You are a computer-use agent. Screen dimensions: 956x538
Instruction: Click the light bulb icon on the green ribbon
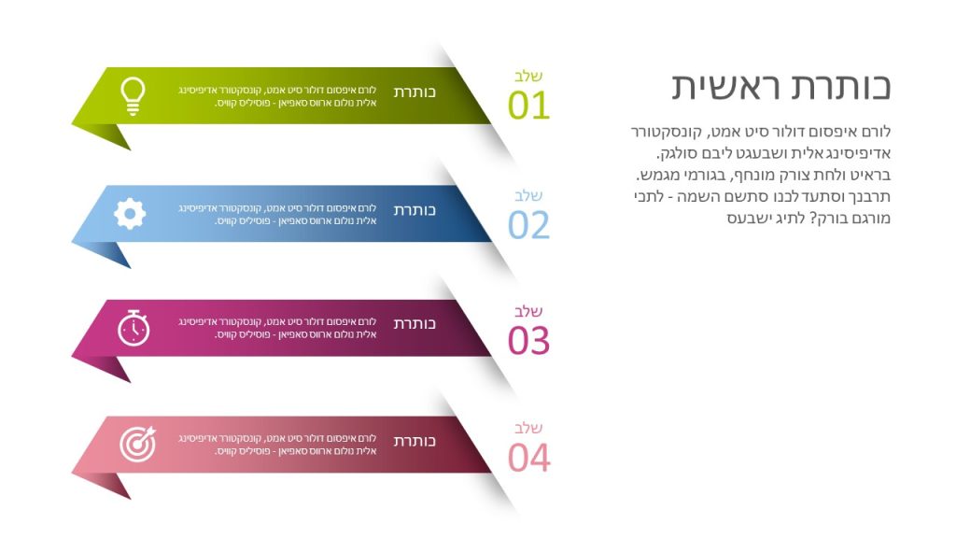[133, 96]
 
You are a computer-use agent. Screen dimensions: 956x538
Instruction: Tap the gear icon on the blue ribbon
[130, 214]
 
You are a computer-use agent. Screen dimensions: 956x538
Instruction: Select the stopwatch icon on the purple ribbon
[134, 328]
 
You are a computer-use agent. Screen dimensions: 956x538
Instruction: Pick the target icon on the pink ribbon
[138, 444]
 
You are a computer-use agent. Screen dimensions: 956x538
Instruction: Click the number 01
[528, 105]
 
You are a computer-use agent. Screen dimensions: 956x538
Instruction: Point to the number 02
[528, 225]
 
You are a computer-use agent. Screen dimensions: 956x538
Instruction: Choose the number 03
[528, 340]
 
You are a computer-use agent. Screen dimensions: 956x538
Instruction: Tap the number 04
[528, 458]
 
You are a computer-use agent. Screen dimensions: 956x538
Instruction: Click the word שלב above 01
[528, 77]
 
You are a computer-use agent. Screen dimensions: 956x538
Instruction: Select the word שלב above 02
[528, 196]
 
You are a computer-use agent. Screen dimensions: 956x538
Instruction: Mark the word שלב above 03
[528, 311]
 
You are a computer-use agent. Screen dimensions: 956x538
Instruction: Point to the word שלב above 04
[528, 428]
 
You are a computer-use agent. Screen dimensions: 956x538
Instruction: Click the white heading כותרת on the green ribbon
[415, 92]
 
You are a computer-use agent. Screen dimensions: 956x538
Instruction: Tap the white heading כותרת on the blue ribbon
[415, 210]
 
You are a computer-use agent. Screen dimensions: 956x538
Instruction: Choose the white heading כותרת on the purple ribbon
[415, 323]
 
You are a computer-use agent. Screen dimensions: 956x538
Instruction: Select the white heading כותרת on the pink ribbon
[415, 441]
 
